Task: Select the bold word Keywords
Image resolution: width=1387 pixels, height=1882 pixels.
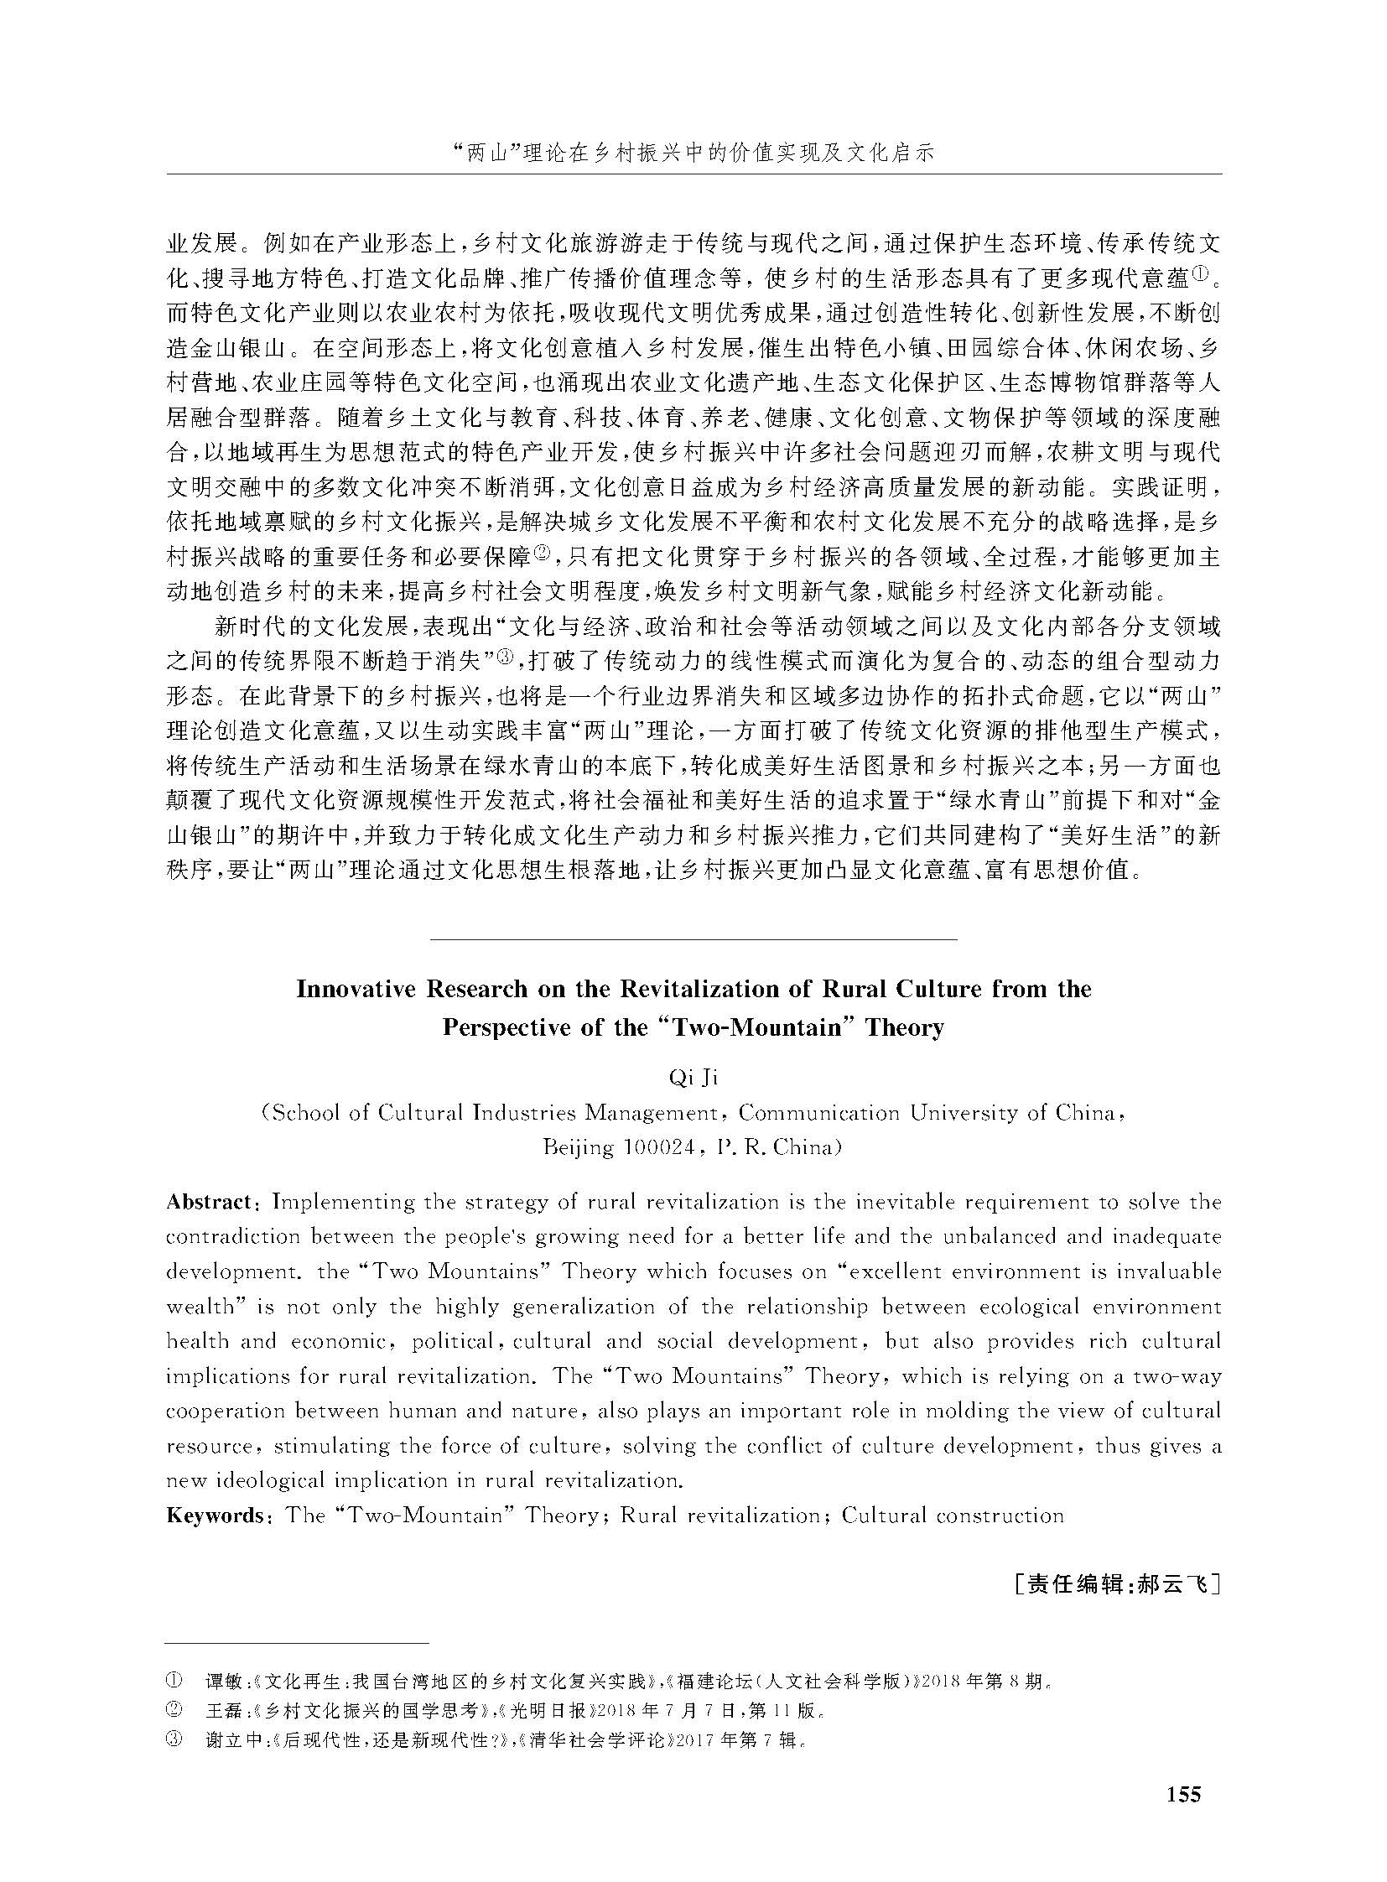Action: pos(215,1515)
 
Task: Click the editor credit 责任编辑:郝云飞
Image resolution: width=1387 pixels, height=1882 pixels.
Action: pos(1116,1585)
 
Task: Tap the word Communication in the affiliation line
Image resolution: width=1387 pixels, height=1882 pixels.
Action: pos(818,1113)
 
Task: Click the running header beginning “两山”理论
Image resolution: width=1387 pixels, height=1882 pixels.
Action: pos(693,154)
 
